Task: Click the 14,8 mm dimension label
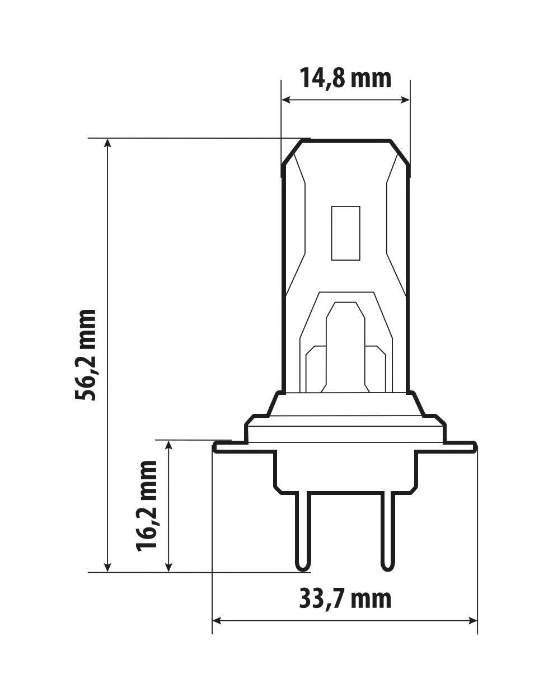click(x=345, y=78)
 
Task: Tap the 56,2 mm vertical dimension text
click(x=86, y=355)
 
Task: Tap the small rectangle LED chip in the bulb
click(x=345, y=233)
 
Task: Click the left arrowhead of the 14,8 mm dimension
click(x=286, y=100)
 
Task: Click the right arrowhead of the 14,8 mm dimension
click(x=405, y=100)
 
